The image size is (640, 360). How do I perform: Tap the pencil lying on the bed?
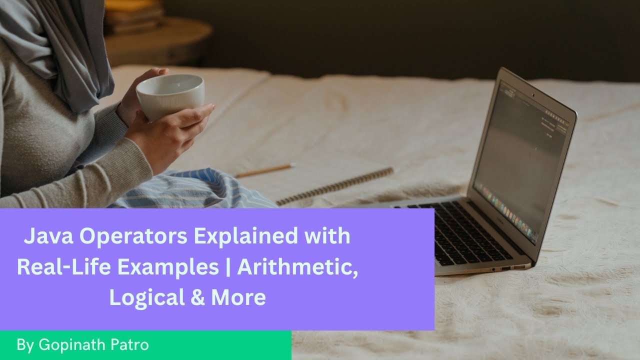(x=264, y=170)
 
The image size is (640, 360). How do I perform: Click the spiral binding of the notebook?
(x=335, y=185)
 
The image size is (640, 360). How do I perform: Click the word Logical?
(x=137, y=298)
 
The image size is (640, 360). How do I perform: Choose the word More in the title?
(x=238, y=298)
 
